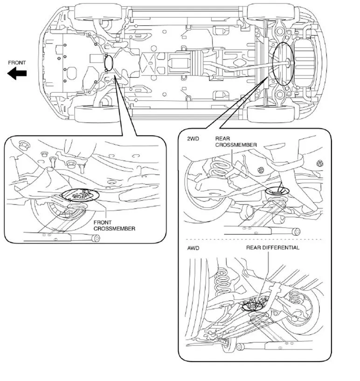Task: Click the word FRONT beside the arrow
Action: [x=17, y=62]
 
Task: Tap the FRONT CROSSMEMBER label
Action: [x=114, y=226]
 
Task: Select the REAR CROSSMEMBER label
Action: [x=235, y=142]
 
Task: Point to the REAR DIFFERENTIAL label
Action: [x=273, y=248]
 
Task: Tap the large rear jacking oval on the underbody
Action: [x=282, y=63]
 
